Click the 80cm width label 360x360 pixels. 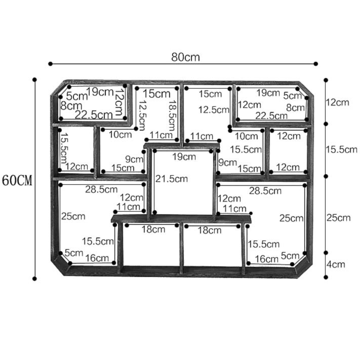[x=185, y=57]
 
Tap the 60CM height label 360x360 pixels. [x=17, y=180]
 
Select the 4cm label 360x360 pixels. [x=336, y=264]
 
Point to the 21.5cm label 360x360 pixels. [x=172, y=179]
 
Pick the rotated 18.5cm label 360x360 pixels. [x=172, y=115]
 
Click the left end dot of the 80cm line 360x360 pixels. [x=51, y=64]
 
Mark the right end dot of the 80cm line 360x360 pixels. [x=315, y=64]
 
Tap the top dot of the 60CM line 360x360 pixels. [x=34, y=79]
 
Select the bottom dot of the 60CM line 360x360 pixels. [x=34, y=278]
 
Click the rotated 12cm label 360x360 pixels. [x=119, y=102]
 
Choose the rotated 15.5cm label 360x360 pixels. [x=64, y=148]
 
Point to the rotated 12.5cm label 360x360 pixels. [x=142, y=115]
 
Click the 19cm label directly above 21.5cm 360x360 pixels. [x=184, y=157]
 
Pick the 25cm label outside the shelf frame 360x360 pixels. [x=338, y=218]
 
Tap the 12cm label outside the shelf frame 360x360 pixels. [x=338, y=102]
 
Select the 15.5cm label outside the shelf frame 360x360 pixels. [x=342, y=150]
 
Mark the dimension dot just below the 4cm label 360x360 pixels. [x=326, y=277]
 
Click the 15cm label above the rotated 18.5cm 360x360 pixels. [x=156, y=94]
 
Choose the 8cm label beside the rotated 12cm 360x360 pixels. [x=71, y=106]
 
